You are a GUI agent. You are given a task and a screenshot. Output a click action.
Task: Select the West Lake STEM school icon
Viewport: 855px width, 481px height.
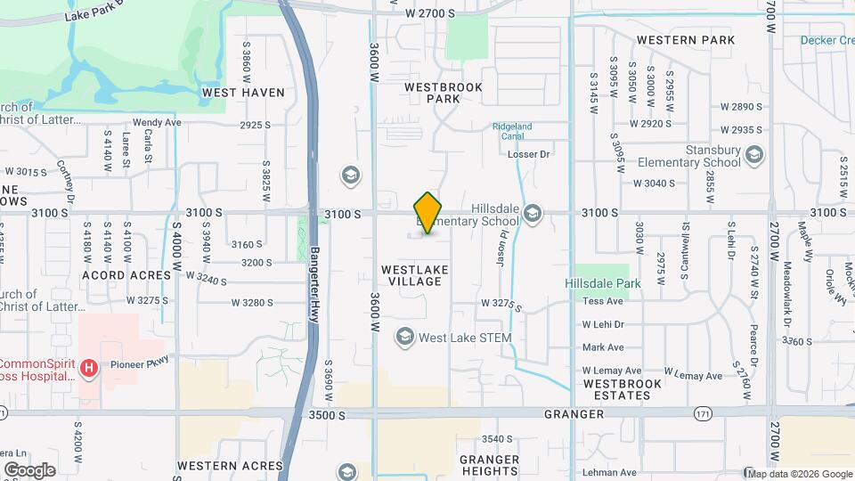405,337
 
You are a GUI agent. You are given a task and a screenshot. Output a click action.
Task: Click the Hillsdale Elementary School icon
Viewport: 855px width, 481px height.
533,212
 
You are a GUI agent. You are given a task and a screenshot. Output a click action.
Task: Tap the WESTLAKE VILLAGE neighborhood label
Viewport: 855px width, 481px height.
414,274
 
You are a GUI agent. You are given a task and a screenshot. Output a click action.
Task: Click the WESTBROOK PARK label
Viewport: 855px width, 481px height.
443,93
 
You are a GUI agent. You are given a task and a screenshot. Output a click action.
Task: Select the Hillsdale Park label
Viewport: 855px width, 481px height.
602,283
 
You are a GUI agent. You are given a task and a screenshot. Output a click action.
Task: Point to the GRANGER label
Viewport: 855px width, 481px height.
574,414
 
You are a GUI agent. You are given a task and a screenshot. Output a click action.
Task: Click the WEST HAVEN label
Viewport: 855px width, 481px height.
243,92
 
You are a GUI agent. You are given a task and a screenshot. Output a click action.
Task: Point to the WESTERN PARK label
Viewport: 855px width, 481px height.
686,40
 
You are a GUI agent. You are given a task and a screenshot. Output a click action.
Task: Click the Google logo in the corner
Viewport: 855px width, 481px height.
29,469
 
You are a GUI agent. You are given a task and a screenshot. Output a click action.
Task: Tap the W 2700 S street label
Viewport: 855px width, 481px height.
429,13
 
